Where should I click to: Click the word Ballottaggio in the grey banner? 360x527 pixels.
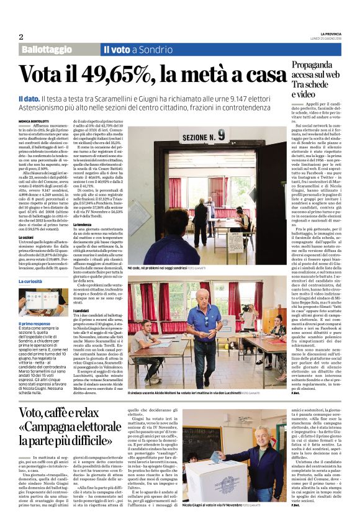coord(46,49)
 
